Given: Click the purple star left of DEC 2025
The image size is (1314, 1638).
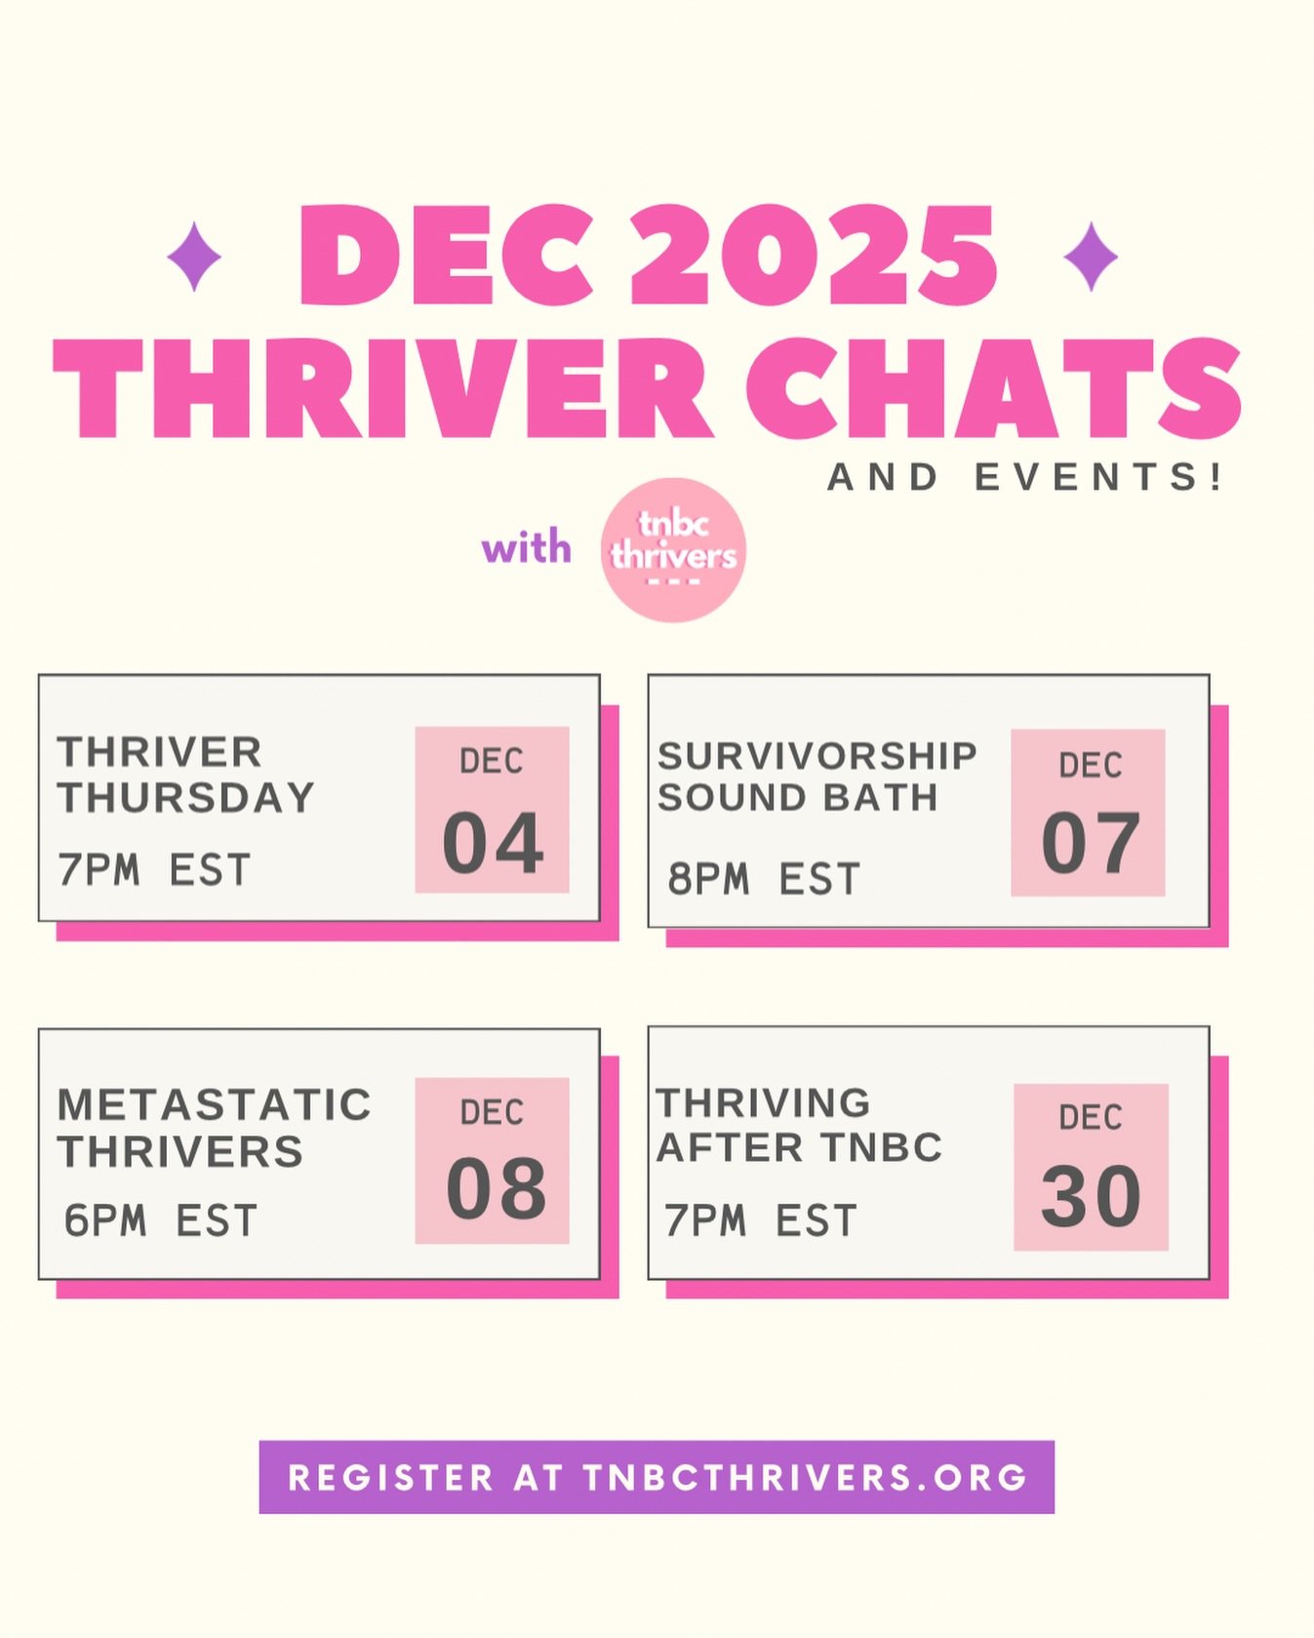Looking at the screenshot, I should click(x=194, y=257).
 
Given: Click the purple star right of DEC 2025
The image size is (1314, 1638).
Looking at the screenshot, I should click(x=1090, y=257).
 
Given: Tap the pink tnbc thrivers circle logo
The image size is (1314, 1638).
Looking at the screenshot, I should click(x=673, y=550).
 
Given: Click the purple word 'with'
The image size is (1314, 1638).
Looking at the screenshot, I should click(x=526, y=547).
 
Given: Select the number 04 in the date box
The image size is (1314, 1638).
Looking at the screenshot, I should click(x=493, y=844).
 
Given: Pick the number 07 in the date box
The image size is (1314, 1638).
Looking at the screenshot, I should click(x=1090, y=844).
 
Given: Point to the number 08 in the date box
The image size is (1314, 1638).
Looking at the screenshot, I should click(x=496, y=1190).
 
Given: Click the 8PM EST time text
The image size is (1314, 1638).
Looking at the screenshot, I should click(x=764, y=879).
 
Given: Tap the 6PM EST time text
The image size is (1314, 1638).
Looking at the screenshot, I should click(x=161, y=1220).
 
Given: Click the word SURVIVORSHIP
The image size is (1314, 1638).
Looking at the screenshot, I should click(x=816, y=756).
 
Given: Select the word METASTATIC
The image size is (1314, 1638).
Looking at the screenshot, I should click(x=215, y=1105).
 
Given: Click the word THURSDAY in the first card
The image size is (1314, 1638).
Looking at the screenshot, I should click(x=186, y=798).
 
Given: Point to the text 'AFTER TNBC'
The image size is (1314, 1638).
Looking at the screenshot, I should click(x=799, y=1147).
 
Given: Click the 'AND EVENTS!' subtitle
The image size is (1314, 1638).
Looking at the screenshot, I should click(x=1024, y=477).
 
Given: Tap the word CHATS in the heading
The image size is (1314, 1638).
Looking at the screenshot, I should click(x=993, y=388).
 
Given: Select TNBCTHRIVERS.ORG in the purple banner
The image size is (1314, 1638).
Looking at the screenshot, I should click(x=806, y=1477).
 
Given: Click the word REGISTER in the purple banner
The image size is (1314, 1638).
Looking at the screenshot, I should click(x=390, y=1477).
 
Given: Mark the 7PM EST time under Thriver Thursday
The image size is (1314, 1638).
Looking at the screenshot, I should click(x=154, y=869).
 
